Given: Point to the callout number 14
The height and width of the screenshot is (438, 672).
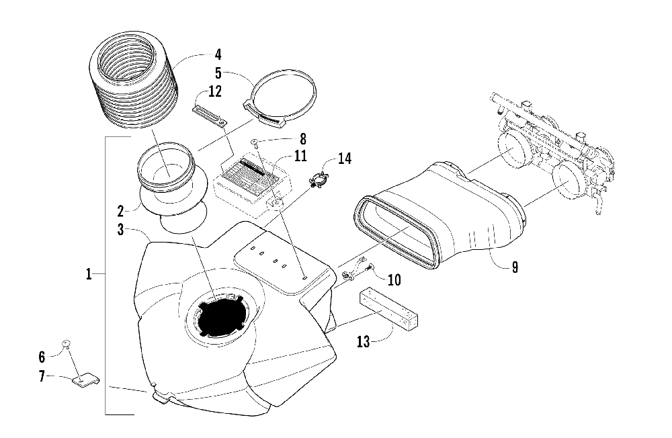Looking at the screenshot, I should click(x=344, y=159).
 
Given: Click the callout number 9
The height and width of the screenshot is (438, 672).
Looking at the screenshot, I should click(x=514, y=267).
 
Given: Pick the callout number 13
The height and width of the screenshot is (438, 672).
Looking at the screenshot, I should click(x=364, y=342).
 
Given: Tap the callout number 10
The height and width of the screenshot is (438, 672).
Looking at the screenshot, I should click(x=394, y=277).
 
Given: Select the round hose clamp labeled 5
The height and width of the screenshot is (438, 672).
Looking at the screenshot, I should click(x=281, y=101).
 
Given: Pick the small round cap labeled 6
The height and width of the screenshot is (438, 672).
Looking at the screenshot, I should click(x=66, y=344).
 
